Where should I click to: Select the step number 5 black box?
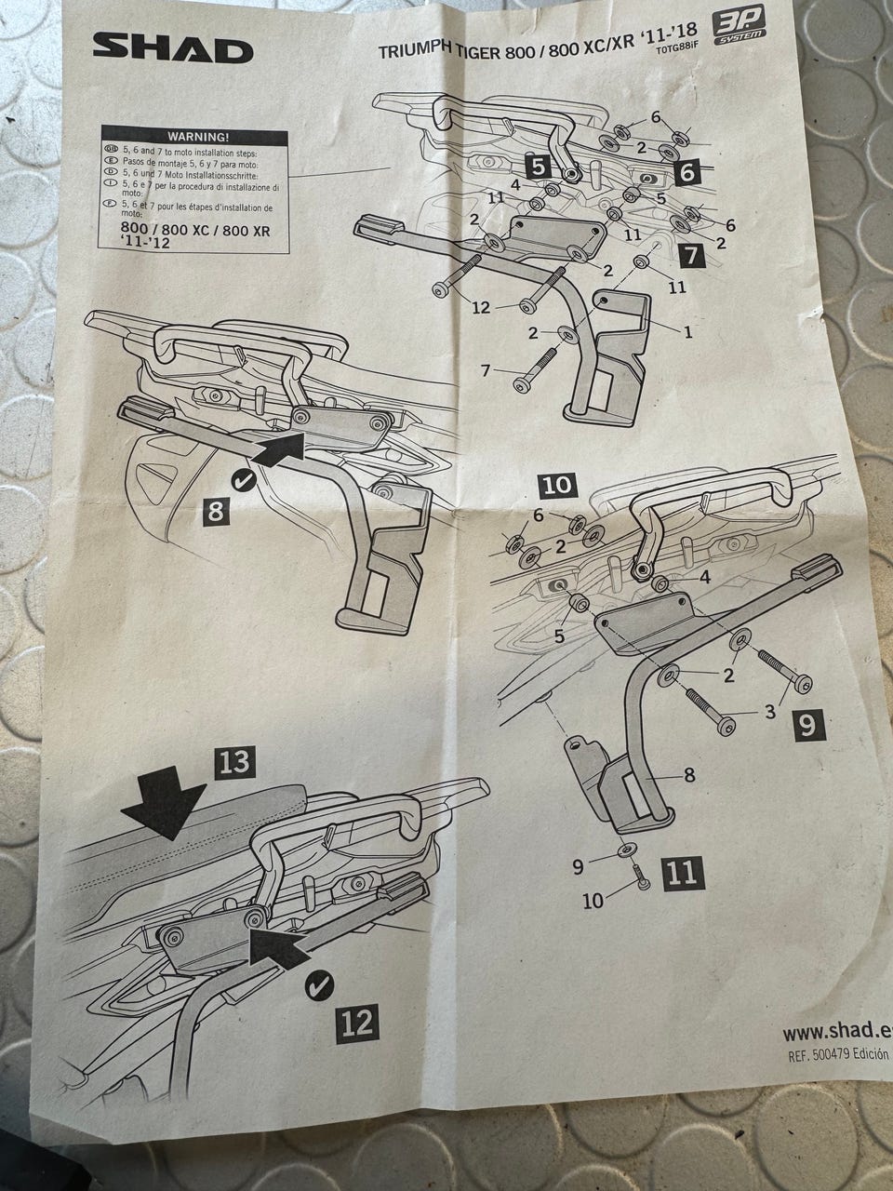point(540,166)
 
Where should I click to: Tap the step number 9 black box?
point(807,723)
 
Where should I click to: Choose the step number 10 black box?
point(560,485)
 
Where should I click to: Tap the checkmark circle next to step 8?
point(246,480)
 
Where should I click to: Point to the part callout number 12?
point(481,307)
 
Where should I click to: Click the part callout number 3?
point(770,713)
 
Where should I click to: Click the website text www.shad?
point(829,1032)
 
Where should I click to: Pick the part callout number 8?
point(689,774)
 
